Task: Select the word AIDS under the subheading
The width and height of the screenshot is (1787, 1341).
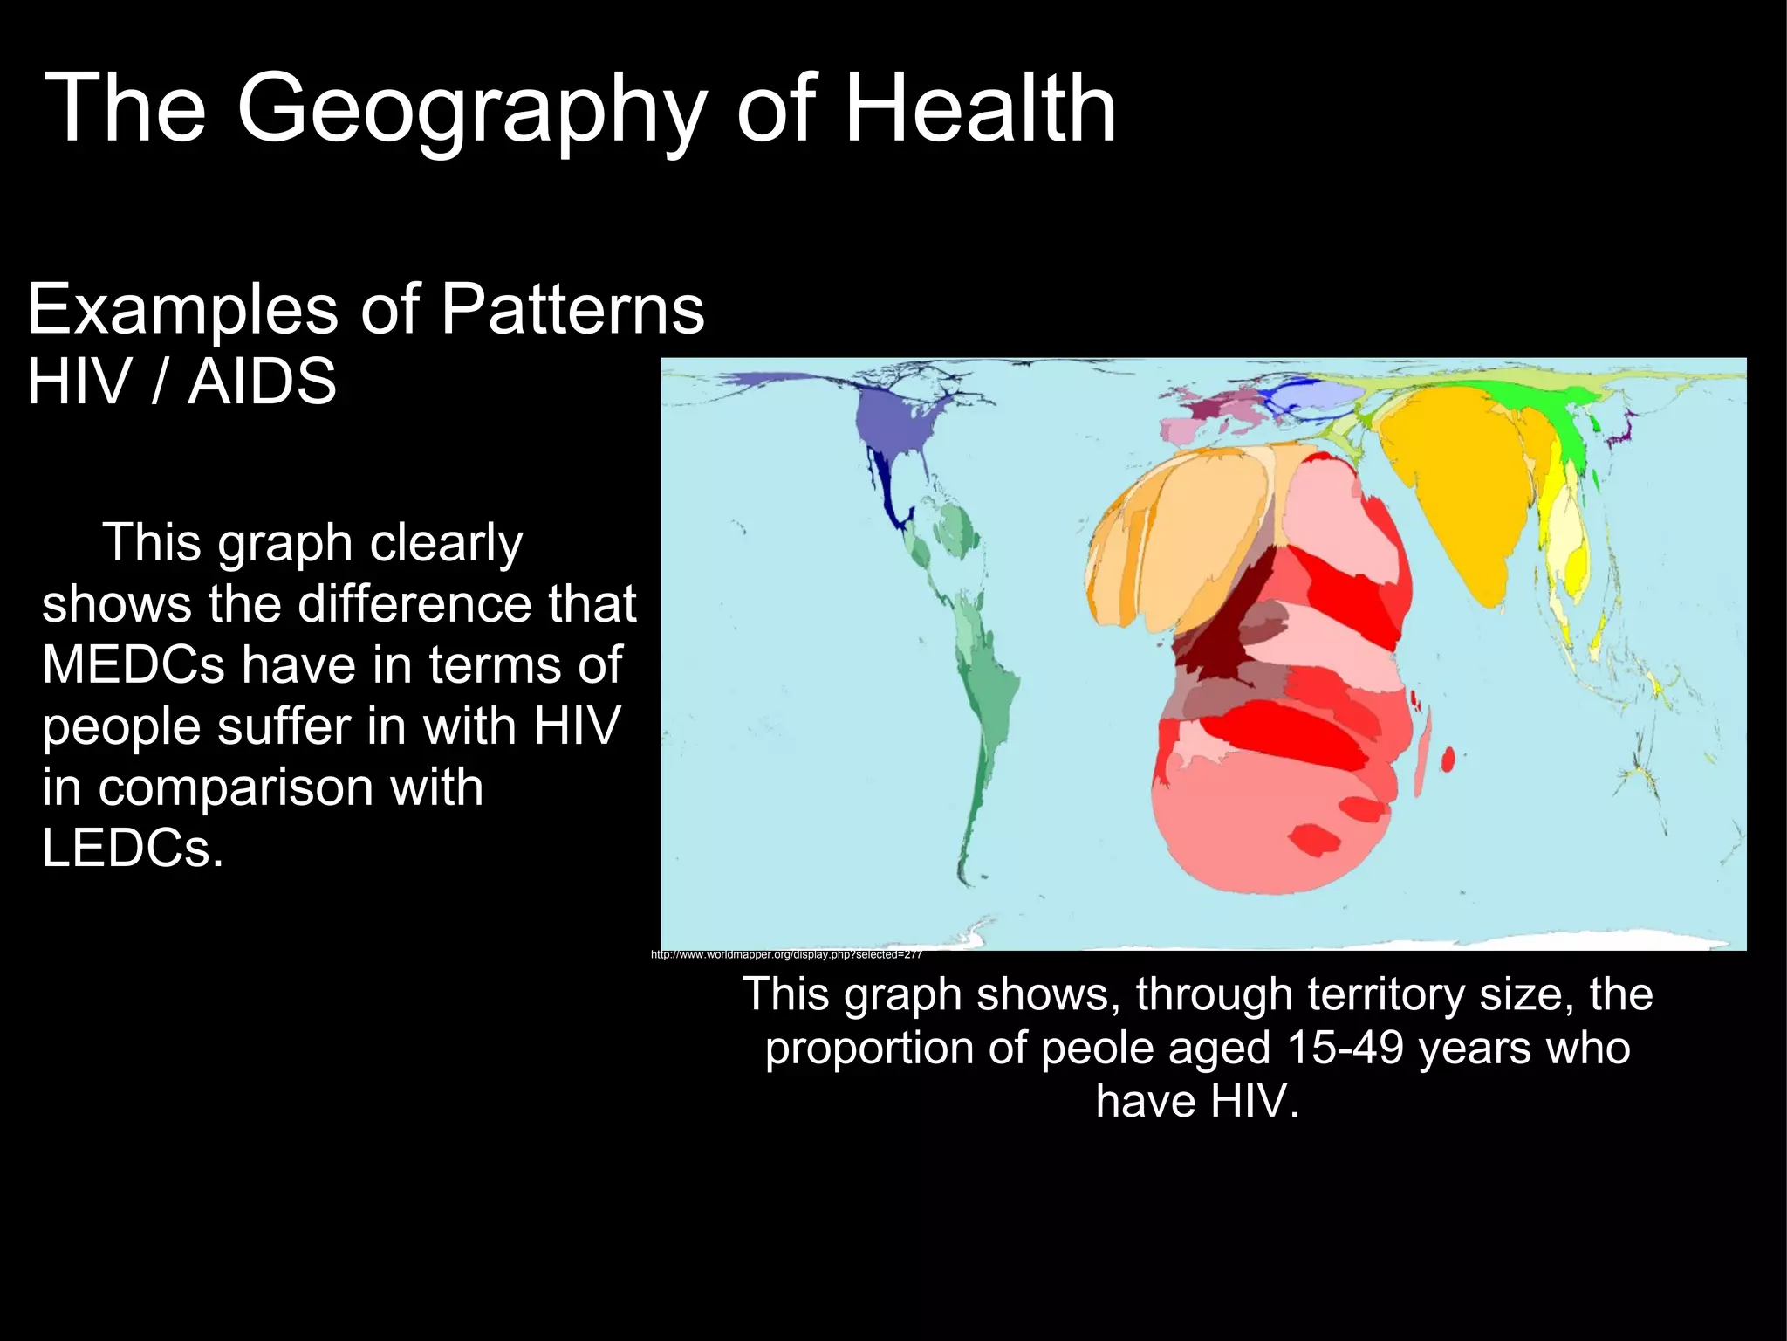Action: pos(262,382)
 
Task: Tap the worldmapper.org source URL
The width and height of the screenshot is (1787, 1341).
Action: pos(786,955)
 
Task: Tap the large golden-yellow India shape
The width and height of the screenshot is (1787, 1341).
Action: pos(1448,489)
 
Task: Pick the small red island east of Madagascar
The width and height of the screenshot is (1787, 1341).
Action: pos(1448,760)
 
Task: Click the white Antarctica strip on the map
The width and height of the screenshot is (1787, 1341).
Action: pos(1309,943)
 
